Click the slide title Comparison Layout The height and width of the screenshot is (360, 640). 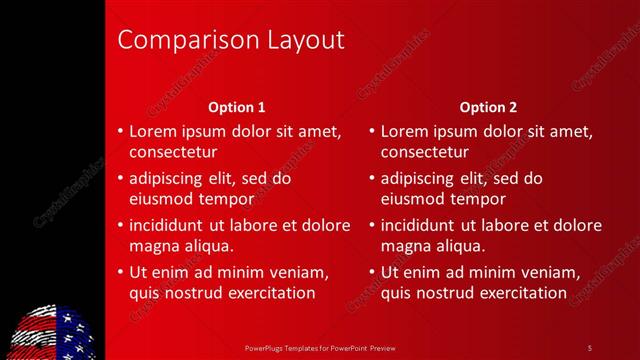[x=231, y=40]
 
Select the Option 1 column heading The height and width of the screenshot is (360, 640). [x=237, y=107]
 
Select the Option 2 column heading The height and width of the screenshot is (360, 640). [x=489, y=107]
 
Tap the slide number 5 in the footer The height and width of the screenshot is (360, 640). [x=589, y=347]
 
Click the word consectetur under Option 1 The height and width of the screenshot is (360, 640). [x=173, y=152]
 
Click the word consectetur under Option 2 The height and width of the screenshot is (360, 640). [x=425, y=152]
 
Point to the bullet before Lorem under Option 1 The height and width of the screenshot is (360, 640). [x=120, y=131]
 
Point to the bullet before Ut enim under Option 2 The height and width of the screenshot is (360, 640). [x=372, y=272]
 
